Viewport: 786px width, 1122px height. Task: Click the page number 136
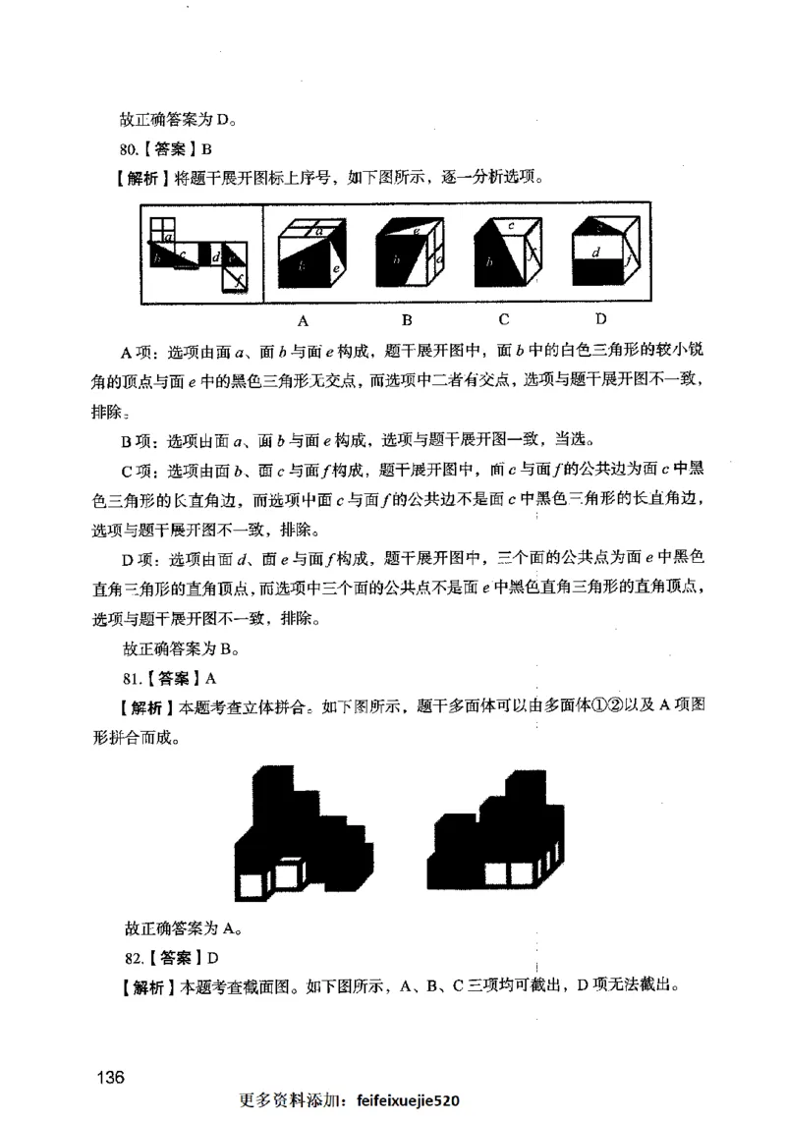(x=108, y=1077)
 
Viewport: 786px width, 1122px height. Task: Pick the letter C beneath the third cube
(x=504, y=319)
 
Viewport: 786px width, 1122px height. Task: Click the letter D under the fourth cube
(x=600, y=319)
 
